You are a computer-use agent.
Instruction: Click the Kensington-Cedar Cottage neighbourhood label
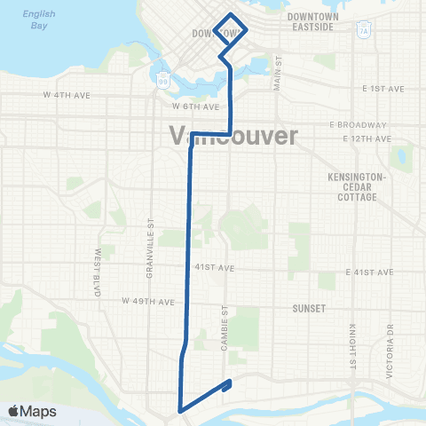pyautogui.click(x=354, y=186)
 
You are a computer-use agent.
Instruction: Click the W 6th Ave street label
pyautogui.click(x=195, y=106)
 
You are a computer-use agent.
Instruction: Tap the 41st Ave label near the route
pyautogui.click(x=214, y=267)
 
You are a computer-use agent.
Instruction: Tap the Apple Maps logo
pyautogui.click(x=31, y=411)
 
